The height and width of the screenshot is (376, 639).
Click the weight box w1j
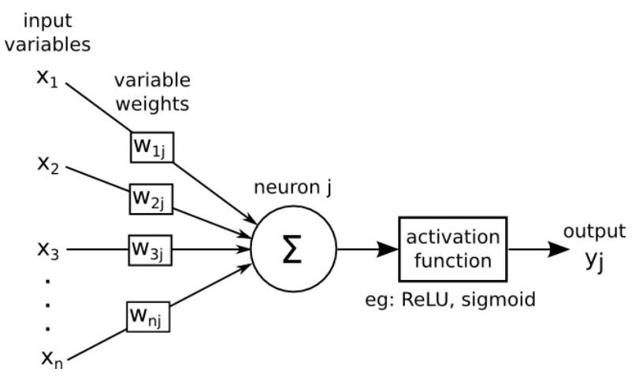coord(151,147)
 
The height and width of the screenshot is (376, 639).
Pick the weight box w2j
coord(151,198)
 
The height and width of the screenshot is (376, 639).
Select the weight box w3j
coord(151,251)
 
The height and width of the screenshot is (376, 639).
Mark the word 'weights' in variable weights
coord(152,104)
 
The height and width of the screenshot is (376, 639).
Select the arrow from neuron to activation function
coord(366,249)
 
